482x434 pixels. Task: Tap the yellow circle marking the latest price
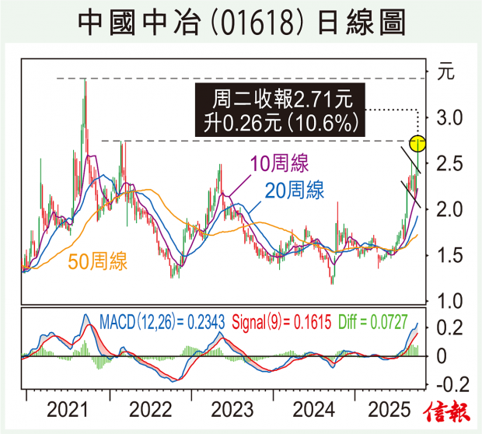(x=417, y=143)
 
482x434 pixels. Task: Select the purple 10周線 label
(x=279, y=164)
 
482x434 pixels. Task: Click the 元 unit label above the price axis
(x=445, y=75)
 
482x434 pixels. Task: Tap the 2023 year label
(x=231, y=409)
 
